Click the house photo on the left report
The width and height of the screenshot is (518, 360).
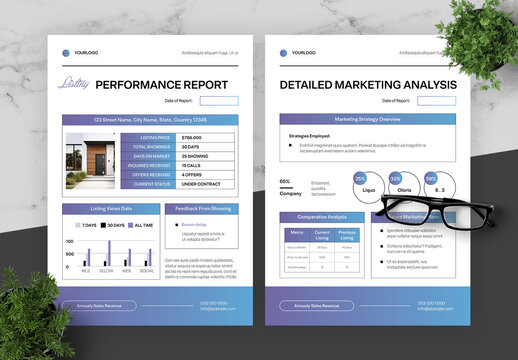pos(90,161)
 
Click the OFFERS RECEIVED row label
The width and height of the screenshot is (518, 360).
pos(150,174)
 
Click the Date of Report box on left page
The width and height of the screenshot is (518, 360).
pos(219,101)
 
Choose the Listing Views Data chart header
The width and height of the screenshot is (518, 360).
pos(110,209)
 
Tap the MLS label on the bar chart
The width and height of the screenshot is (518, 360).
pos(86,271)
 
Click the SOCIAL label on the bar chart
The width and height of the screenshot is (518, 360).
pos(147,271)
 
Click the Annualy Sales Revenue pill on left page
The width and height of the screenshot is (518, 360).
pos(98,305)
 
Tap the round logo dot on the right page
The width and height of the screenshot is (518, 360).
pos(283,51)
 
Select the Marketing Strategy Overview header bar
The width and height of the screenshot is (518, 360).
pos(366,118)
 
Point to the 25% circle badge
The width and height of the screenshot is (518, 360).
pos(360,180)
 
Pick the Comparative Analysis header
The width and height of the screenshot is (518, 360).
pos(322,217)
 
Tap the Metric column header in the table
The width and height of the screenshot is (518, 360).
pos(297,233)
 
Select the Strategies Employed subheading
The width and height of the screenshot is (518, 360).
pos(309,134)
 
